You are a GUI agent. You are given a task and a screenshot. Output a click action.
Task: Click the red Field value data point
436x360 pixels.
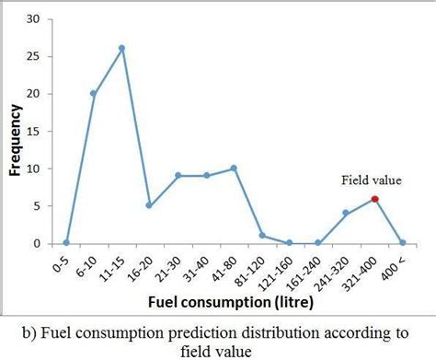[x=375, y=199]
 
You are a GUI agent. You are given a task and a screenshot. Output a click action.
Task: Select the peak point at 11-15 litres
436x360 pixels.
[x=121, y=48]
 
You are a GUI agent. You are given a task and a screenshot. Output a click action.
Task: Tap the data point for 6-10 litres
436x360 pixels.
[x=93, y=93]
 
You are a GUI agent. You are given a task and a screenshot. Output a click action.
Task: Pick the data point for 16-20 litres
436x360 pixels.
[x=149, y=205]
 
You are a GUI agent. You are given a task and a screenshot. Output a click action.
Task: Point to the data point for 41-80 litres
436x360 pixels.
[x=234, y=168]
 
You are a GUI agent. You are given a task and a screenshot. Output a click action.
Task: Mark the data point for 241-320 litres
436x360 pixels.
[x=346, y=214]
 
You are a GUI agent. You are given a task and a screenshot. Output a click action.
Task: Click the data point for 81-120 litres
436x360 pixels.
[x=262, y=236]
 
